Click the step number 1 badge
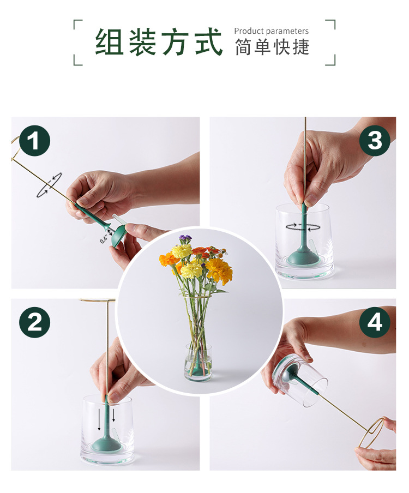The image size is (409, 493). pyautogui.click(x=34, y=141)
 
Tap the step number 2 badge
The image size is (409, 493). pyautogui.click(x=34, y=323)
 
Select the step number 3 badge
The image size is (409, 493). pyautogui.click(x=375, y=140)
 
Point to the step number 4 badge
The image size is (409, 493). pyautogui.click(x=375, y=323)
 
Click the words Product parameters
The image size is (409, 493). pyautogui.click(x=272, y=31)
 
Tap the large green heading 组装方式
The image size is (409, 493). pyautogui.click(x=159, y=42)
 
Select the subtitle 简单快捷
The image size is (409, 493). pyautogui.click(x=272, y=47)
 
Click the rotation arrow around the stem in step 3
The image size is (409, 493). pyautogui.click(x=303, y=227)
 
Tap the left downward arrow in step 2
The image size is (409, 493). pyautogui.click(x=99, y=420)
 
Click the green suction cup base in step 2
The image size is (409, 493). pyautogui.click(x=106, y=444)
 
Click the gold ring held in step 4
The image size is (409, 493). pyautogui.click(x=371, y=432)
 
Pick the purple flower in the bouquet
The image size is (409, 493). pyautogui.click(x=185, y=238)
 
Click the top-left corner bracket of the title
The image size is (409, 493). pyautogui.click(x=77, y=25)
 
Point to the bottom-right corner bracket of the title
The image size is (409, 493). pyautogui.click(x=330, y=61)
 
